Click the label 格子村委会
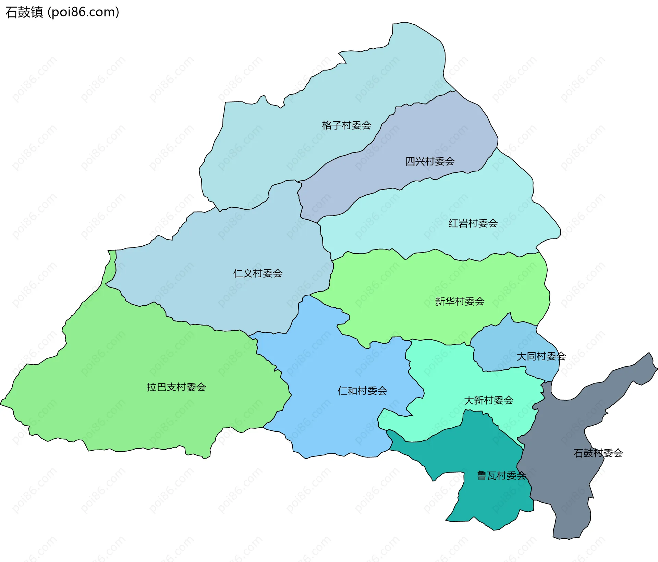(x=346, y=125)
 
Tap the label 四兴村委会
(x=430, y=161)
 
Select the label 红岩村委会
(x=473, y=223)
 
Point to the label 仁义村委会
(x=258, y=273)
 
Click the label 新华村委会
(x=460, y=302)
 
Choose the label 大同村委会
(x=541, y=356)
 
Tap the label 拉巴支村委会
(x=176, y=387)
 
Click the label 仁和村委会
(x=362, y=391)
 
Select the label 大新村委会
(x=488, y=400)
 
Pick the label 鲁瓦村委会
(x=501, y=476)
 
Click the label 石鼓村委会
(x=598, y=453)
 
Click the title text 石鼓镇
(x=24, y=12)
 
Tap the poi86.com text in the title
(x=83, y=12)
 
